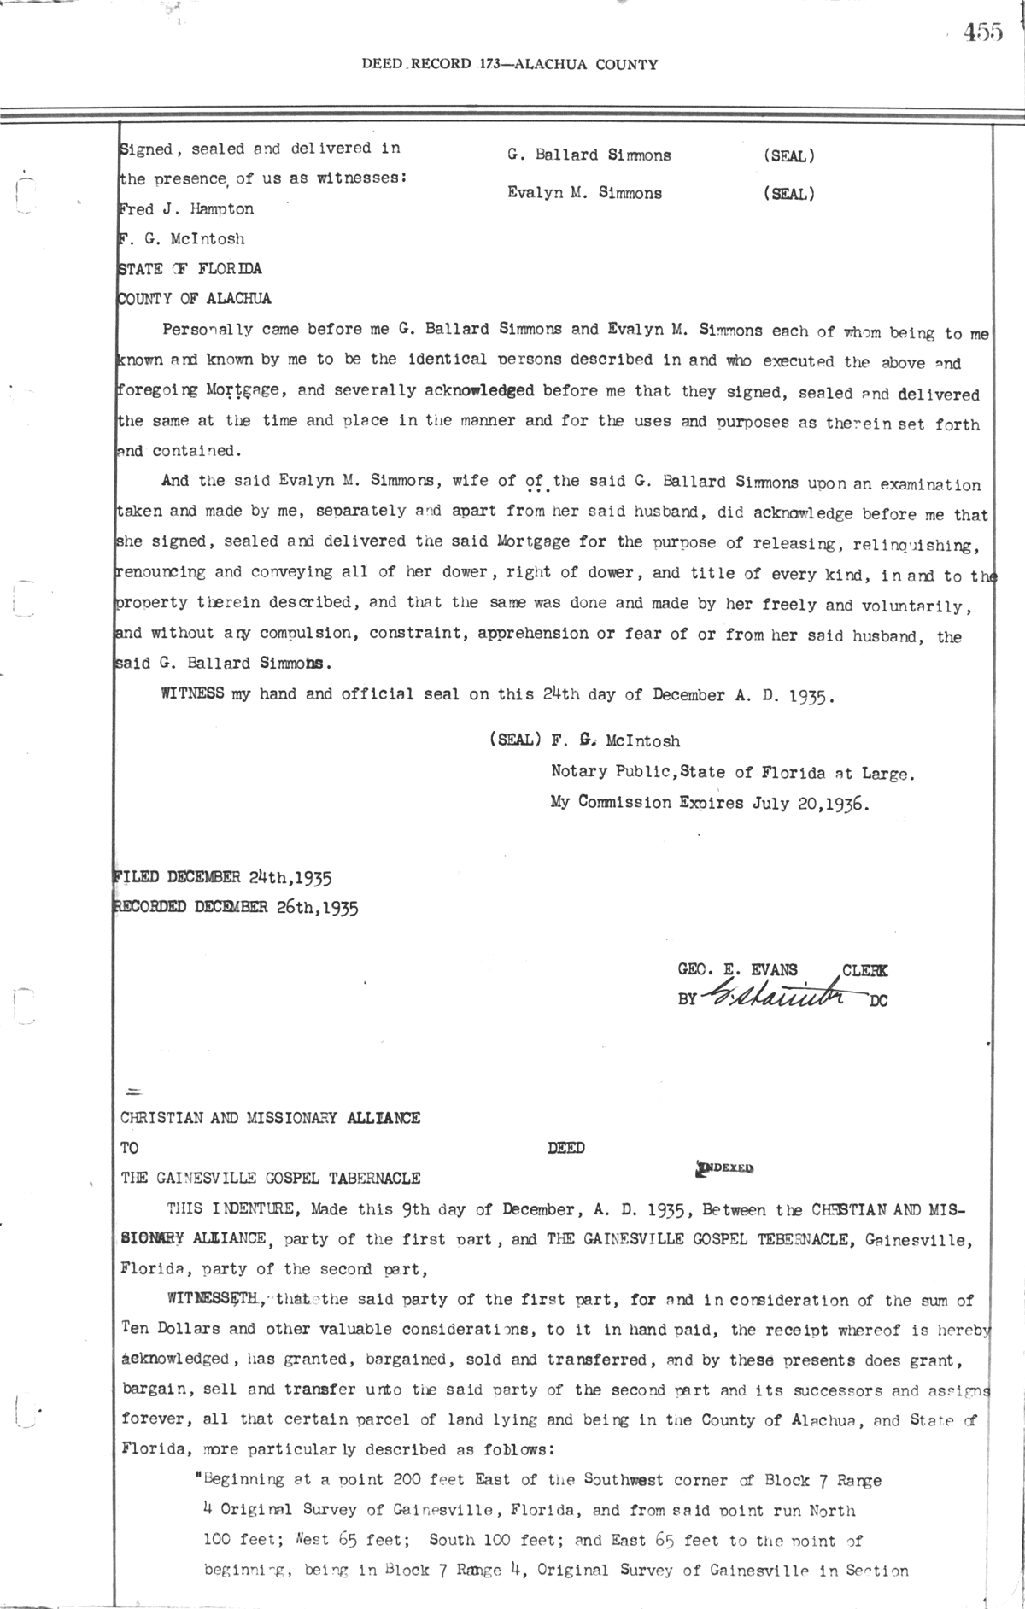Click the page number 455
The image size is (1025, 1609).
(x=983, y=33)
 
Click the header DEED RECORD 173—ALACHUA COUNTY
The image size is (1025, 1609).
(x=509, y=64)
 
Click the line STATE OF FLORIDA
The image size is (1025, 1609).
(x=189, y=269)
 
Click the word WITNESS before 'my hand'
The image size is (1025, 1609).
(x=192, y=694)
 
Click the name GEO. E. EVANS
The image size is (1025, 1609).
(x=737, y=970)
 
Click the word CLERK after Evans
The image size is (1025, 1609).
(x=864, y=970)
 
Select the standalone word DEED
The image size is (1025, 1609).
(x=565, y=1149)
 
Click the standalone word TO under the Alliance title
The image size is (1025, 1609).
(x=130, y=1149)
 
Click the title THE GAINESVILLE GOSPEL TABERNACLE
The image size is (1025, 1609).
(x=271, y=1179)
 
